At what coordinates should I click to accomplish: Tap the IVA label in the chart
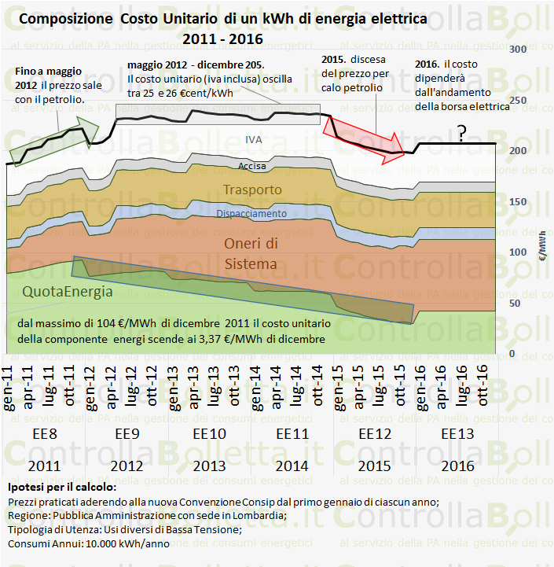click(x=253, y=139)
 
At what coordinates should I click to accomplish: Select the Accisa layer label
click(x=252, y=166)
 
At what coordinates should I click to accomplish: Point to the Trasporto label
click(x=252, y=190)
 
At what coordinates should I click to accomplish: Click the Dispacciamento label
click(x=252, y=213)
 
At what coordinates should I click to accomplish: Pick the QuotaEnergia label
click(x=67, y=291)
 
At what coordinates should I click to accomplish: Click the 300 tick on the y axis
click(x=518, y=49)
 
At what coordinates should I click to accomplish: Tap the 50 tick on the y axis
click(x=515, y=303)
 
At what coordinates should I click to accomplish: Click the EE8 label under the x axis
click(x=45, y=434)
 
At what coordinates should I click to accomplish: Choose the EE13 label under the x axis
click(x=457, y=434)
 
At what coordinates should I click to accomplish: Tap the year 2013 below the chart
click(x=209, y=466)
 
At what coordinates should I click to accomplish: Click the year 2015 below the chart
click(x=375, y=466)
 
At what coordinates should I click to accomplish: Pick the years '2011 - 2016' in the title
click(x=222, y=37)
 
